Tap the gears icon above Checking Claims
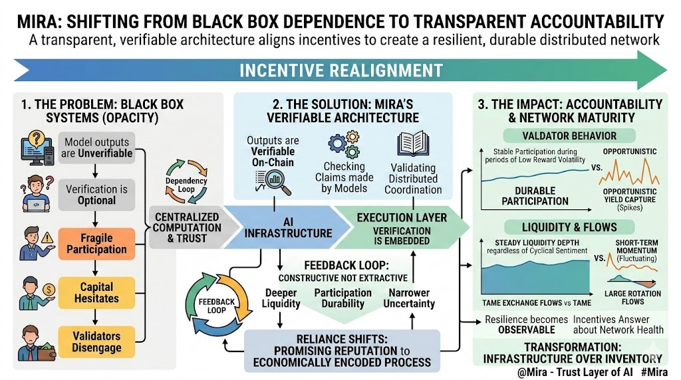tap(343, 145)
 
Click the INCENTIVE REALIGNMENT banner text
tap(340, 70)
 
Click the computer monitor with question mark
tap(39, 147)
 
